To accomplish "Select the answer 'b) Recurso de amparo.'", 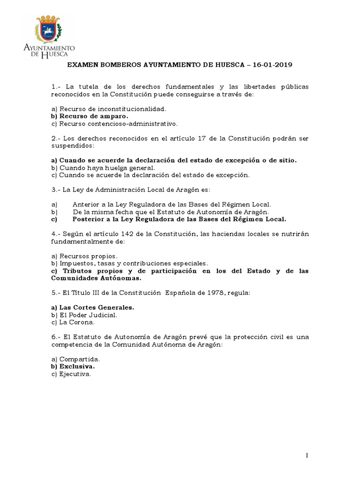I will (89, 116).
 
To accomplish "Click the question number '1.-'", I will (56, 87).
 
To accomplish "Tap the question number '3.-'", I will (56, 189).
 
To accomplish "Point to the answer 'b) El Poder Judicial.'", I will (84, 315).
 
